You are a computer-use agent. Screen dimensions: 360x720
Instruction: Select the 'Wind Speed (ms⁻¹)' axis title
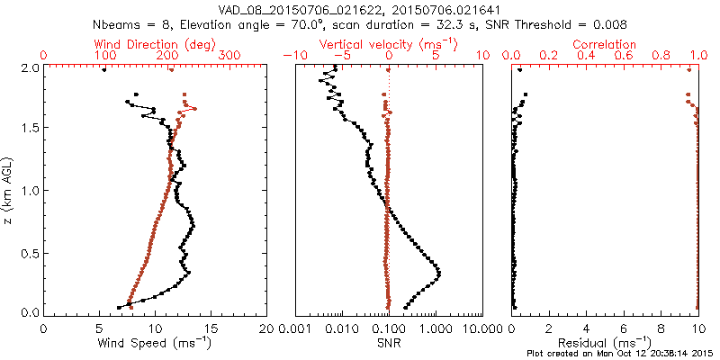tap(156, 342)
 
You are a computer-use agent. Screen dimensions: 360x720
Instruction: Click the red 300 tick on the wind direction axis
tap(230, 55)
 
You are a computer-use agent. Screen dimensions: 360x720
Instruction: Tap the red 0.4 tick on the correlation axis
tap(586, 55)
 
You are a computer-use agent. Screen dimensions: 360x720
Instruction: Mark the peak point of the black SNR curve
tap(438, 272)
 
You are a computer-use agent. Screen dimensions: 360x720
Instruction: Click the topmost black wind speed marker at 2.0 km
tap(103, 69)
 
